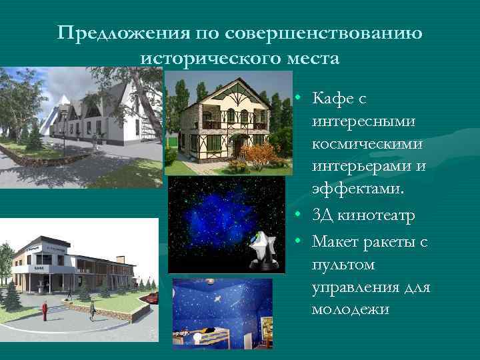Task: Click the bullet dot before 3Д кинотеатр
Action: [x=301, y=216]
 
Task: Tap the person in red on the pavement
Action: [x=45, y=310]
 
